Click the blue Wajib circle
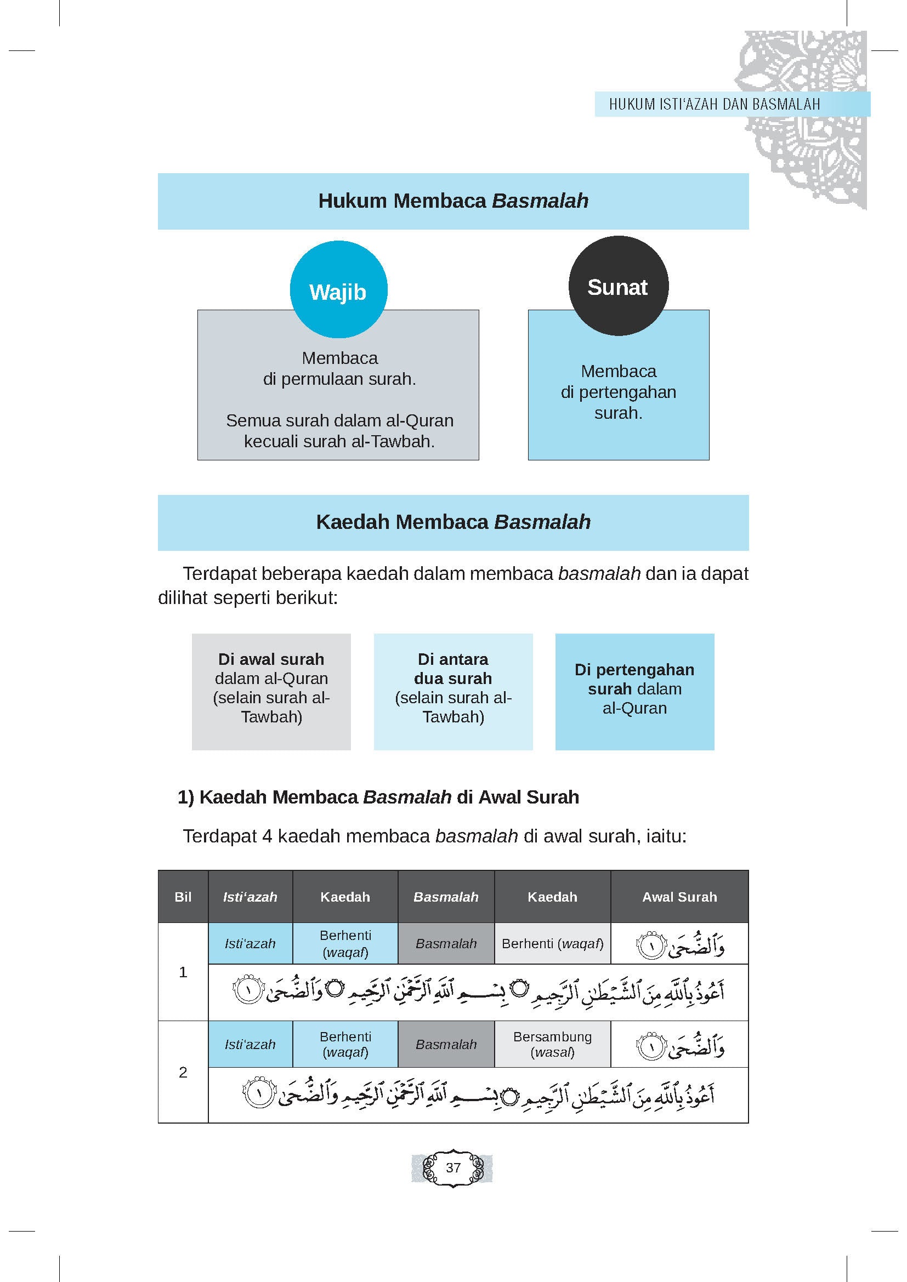click(338, 290)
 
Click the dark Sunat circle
click(617, 286)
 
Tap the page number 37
click(453, 1167)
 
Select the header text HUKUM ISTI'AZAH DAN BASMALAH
click(715, 105)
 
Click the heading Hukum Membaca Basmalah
click(453, 201)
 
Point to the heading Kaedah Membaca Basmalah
click(453, 522)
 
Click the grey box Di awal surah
click(271, 691)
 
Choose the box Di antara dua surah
click(453, 691)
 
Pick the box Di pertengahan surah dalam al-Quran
click(634, 691)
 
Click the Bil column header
click(183, 897)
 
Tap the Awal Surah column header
click(679, 897)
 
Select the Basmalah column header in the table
click(446, 897)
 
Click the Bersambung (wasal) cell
click(552, 1044)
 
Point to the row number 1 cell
click(183, 972)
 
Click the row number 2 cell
click(183, 1072)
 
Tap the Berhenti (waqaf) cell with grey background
click(552, 944)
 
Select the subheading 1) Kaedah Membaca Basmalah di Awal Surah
click(378, 797)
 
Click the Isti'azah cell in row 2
click(250, 1044)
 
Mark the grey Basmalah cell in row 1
click(446, 944)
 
